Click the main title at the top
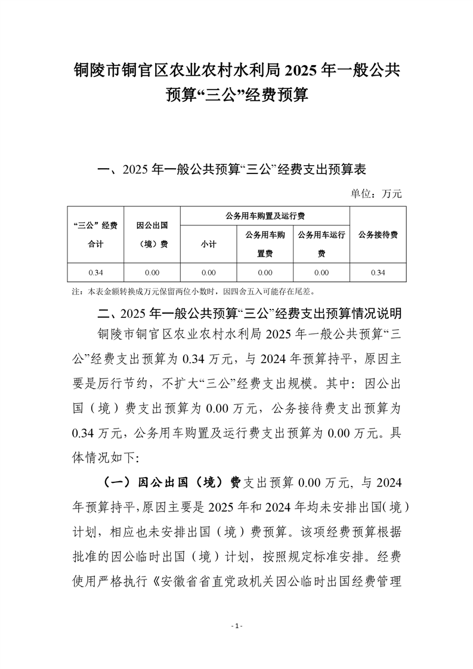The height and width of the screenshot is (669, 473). (236, 82)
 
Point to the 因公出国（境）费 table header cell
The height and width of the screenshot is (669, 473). (152, 234)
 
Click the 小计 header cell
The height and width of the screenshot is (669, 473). (208, 244)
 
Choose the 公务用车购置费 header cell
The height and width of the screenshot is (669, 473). (265, 244)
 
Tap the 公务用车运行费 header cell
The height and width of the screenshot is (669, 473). (321, 244)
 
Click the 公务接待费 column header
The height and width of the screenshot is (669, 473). (378, 234)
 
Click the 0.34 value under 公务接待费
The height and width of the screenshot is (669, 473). (378, 272)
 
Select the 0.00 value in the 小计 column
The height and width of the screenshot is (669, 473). (208, 272)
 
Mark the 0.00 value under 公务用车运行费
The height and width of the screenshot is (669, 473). (321, 272)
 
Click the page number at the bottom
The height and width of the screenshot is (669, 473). (236, 626)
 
